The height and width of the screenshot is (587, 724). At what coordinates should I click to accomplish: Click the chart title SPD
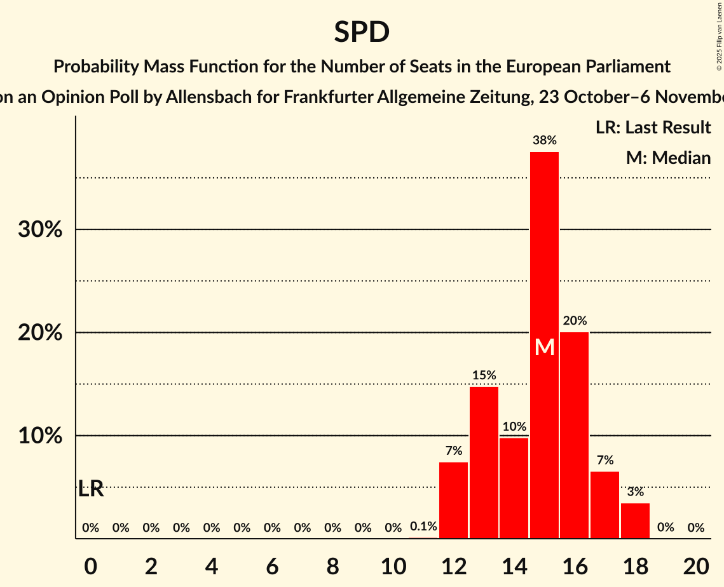coord(362,32)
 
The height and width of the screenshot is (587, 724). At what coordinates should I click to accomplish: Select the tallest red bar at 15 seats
coord(545,254)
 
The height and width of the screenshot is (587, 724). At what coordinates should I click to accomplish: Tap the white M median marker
coord(545,347)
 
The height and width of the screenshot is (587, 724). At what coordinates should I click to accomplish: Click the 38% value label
coord(545,140)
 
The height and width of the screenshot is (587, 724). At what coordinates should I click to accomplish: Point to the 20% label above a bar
coord(575,321)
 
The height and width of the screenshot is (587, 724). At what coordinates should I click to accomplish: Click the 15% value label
coord(484,375)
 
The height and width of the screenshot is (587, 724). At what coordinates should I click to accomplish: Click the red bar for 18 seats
coord(635,520)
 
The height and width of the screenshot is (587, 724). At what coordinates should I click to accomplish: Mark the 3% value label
coord(635,492)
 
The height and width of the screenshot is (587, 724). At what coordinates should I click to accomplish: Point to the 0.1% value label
coord(423,527)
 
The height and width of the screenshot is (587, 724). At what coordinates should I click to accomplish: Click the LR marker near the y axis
coord(91,489)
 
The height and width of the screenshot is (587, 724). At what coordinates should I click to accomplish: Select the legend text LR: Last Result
coord(653,128)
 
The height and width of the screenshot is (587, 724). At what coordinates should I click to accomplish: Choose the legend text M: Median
coord(668,158)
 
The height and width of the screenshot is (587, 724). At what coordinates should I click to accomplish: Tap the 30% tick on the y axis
coord(40,229)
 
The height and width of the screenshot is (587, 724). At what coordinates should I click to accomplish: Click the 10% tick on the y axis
coord(40,436)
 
